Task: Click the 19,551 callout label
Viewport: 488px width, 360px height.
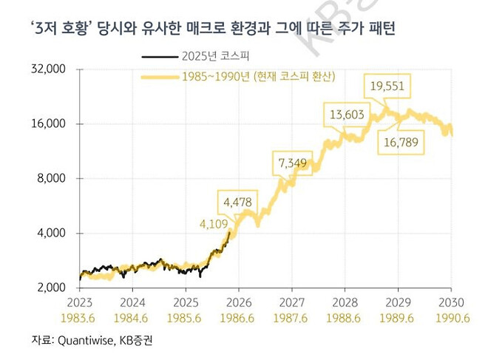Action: (387, 86)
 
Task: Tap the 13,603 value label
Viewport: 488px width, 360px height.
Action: (346, 115)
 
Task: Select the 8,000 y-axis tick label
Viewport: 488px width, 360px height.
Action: (50, 178)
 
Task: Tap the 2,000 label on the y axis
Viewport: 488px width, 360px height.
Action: (50, 288)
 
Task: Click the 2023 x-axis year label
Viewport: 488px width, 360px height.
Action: (79, 302)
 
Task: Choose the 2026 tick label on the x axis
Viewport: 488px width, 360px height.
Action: (239, 302)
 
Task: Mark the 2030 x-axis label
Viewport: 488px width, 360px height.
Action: (452, 302)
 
